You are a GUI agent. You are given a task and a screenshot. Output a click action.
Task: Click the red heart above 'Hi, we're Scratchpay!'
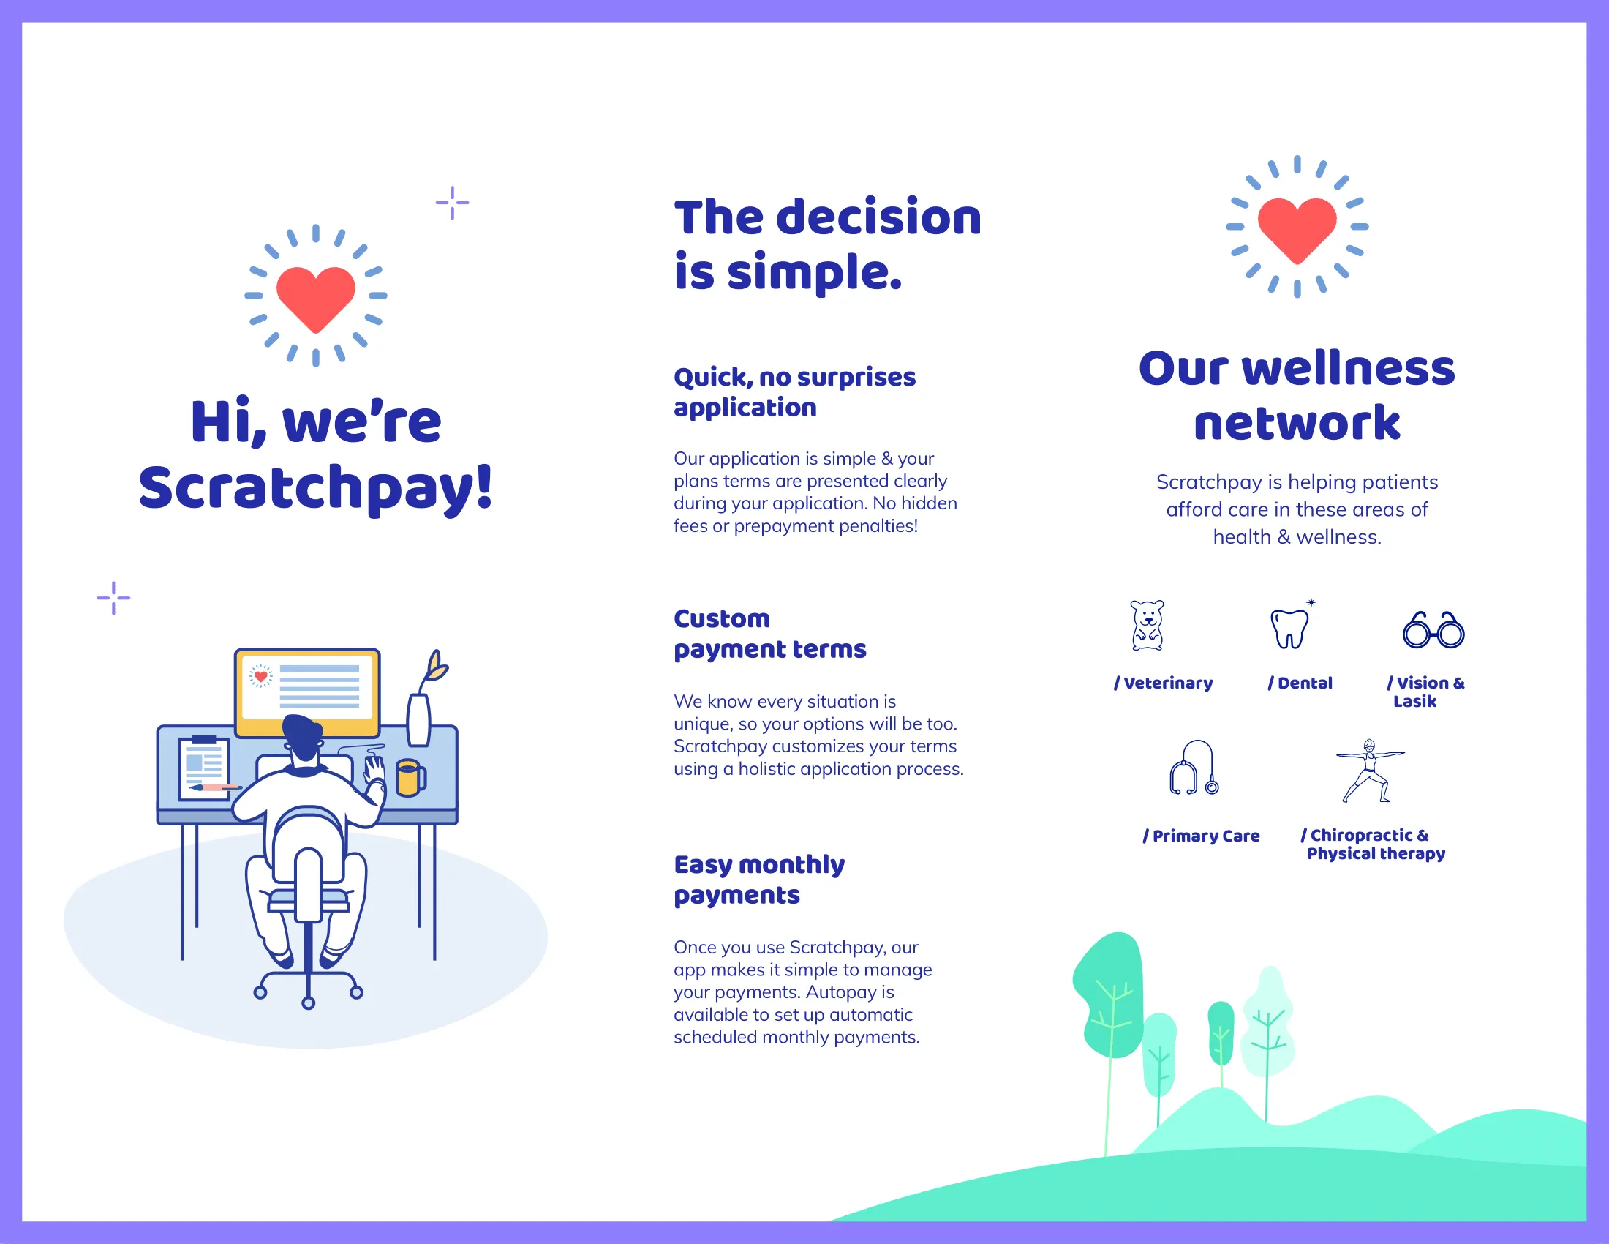(315, 298)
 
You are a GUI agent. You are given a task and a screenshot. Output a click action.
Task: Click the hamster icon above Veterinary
(1147, 625)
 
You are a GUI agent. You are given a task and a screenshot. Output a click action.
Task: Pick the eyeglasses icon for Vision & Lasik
(1433, 630)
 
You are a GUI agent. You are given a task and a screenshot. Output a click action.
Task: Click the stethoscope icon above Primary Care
(1194, 768)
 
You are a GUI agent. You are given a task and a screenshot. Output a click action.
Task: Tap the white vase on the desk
(418, 719)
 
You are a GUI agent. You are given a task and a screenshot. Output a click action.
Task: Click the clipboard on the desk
(204, 767)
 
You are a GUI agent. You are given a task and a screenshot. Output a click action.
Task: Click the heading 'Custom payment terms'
(770, 634)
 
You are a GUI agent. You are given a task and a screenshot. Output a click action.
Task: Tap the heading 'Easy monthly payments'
(760, 879)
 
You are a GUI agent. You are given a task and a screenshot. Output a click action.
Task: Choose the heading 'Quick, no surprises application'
(794, 392)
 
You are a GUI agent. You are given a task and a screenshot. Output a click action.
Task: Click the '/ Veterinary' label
(1164, 683)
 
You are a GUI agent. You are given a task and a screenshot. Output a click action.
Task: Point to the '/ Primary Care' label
(1201, 836)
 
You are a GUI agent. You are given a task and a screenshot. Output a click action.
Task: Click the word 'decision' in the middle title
(879, 218)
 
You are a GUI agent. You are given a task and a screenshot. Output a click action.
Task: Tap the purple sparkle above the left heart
(451, 203)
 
